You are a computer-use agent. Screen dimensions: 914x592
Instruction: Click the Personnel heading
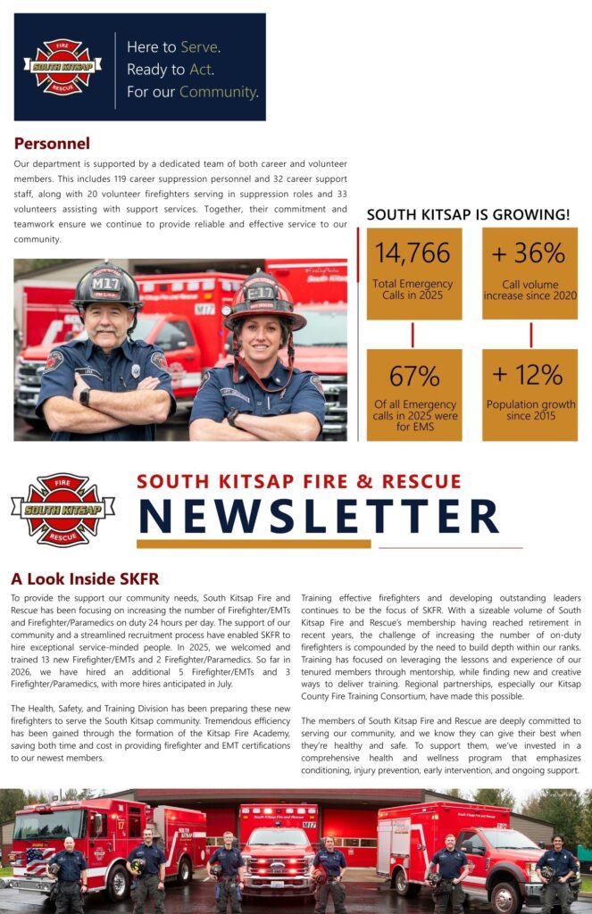[x=52, y=144]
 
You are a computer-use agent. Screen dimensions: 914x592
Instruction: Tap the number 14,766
[x=413, y=253]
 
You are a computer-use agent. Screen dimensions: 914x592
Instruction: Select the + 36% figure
[x=529, y=253]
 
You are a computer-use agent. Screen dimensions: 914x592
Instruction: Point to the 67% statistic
[x=413, y=374]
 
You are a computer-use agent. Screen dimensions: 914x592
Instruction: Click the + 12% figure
[x=529, y=374]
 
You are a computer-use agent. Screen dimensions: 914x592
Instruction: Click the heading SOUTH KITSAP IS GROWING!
[x=468, y=215]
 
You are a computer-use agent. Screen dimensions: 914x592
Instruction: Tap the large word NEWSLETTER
[x=318, y=516]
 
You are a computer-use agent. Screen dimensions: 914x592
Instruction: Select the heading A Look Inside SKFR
[x=85, y=578]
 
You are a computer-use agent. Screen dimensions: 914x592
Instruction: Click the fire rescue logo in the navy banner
[x=63, y=66]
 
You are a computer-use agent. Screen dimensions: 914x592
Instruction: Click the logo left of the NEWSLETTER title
[x=63, y=510]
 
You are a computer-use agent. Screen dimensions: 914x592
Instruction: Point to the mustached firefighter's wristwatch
[x=85, y=396]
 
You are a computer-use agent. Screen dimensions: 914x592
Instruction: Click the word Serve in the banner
[x=200, y=46]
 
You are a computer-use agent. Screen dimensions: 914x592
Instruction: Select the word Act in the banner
[x=201, y=69]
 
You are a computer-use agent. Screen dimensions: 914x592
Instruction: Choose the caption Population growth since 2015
[x=530, y=411]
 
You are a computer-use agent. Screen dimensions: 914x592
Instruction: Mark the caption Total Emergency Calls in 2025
[x=413, y=289]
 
